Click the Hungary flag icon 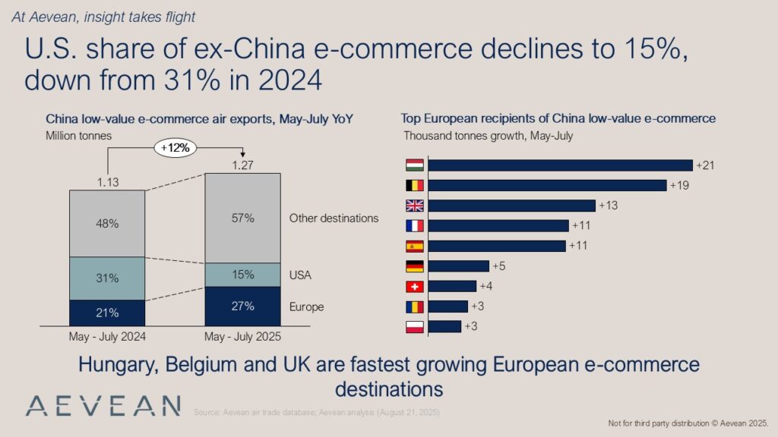[415, 165]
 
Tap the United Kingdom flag [415, 206]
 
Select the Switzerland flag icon [415, 286]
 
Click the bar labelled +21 [561, 165]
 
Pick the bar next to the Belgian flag [547, 185]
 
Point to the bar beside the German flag [459, 266]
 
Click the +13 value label [609, 206]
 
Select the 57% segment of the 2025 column [243, 218]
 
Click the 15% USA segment [243, 275]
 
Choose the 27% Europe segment [243, 306]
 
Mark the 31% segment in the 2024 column [107, 278]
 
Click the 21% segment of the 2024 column [107, 312]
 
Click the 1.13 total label [107, 182]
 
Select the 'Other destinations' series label [334, 218]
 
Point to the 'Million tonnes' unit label [79, 135]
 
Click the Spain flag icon [415, 246]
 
